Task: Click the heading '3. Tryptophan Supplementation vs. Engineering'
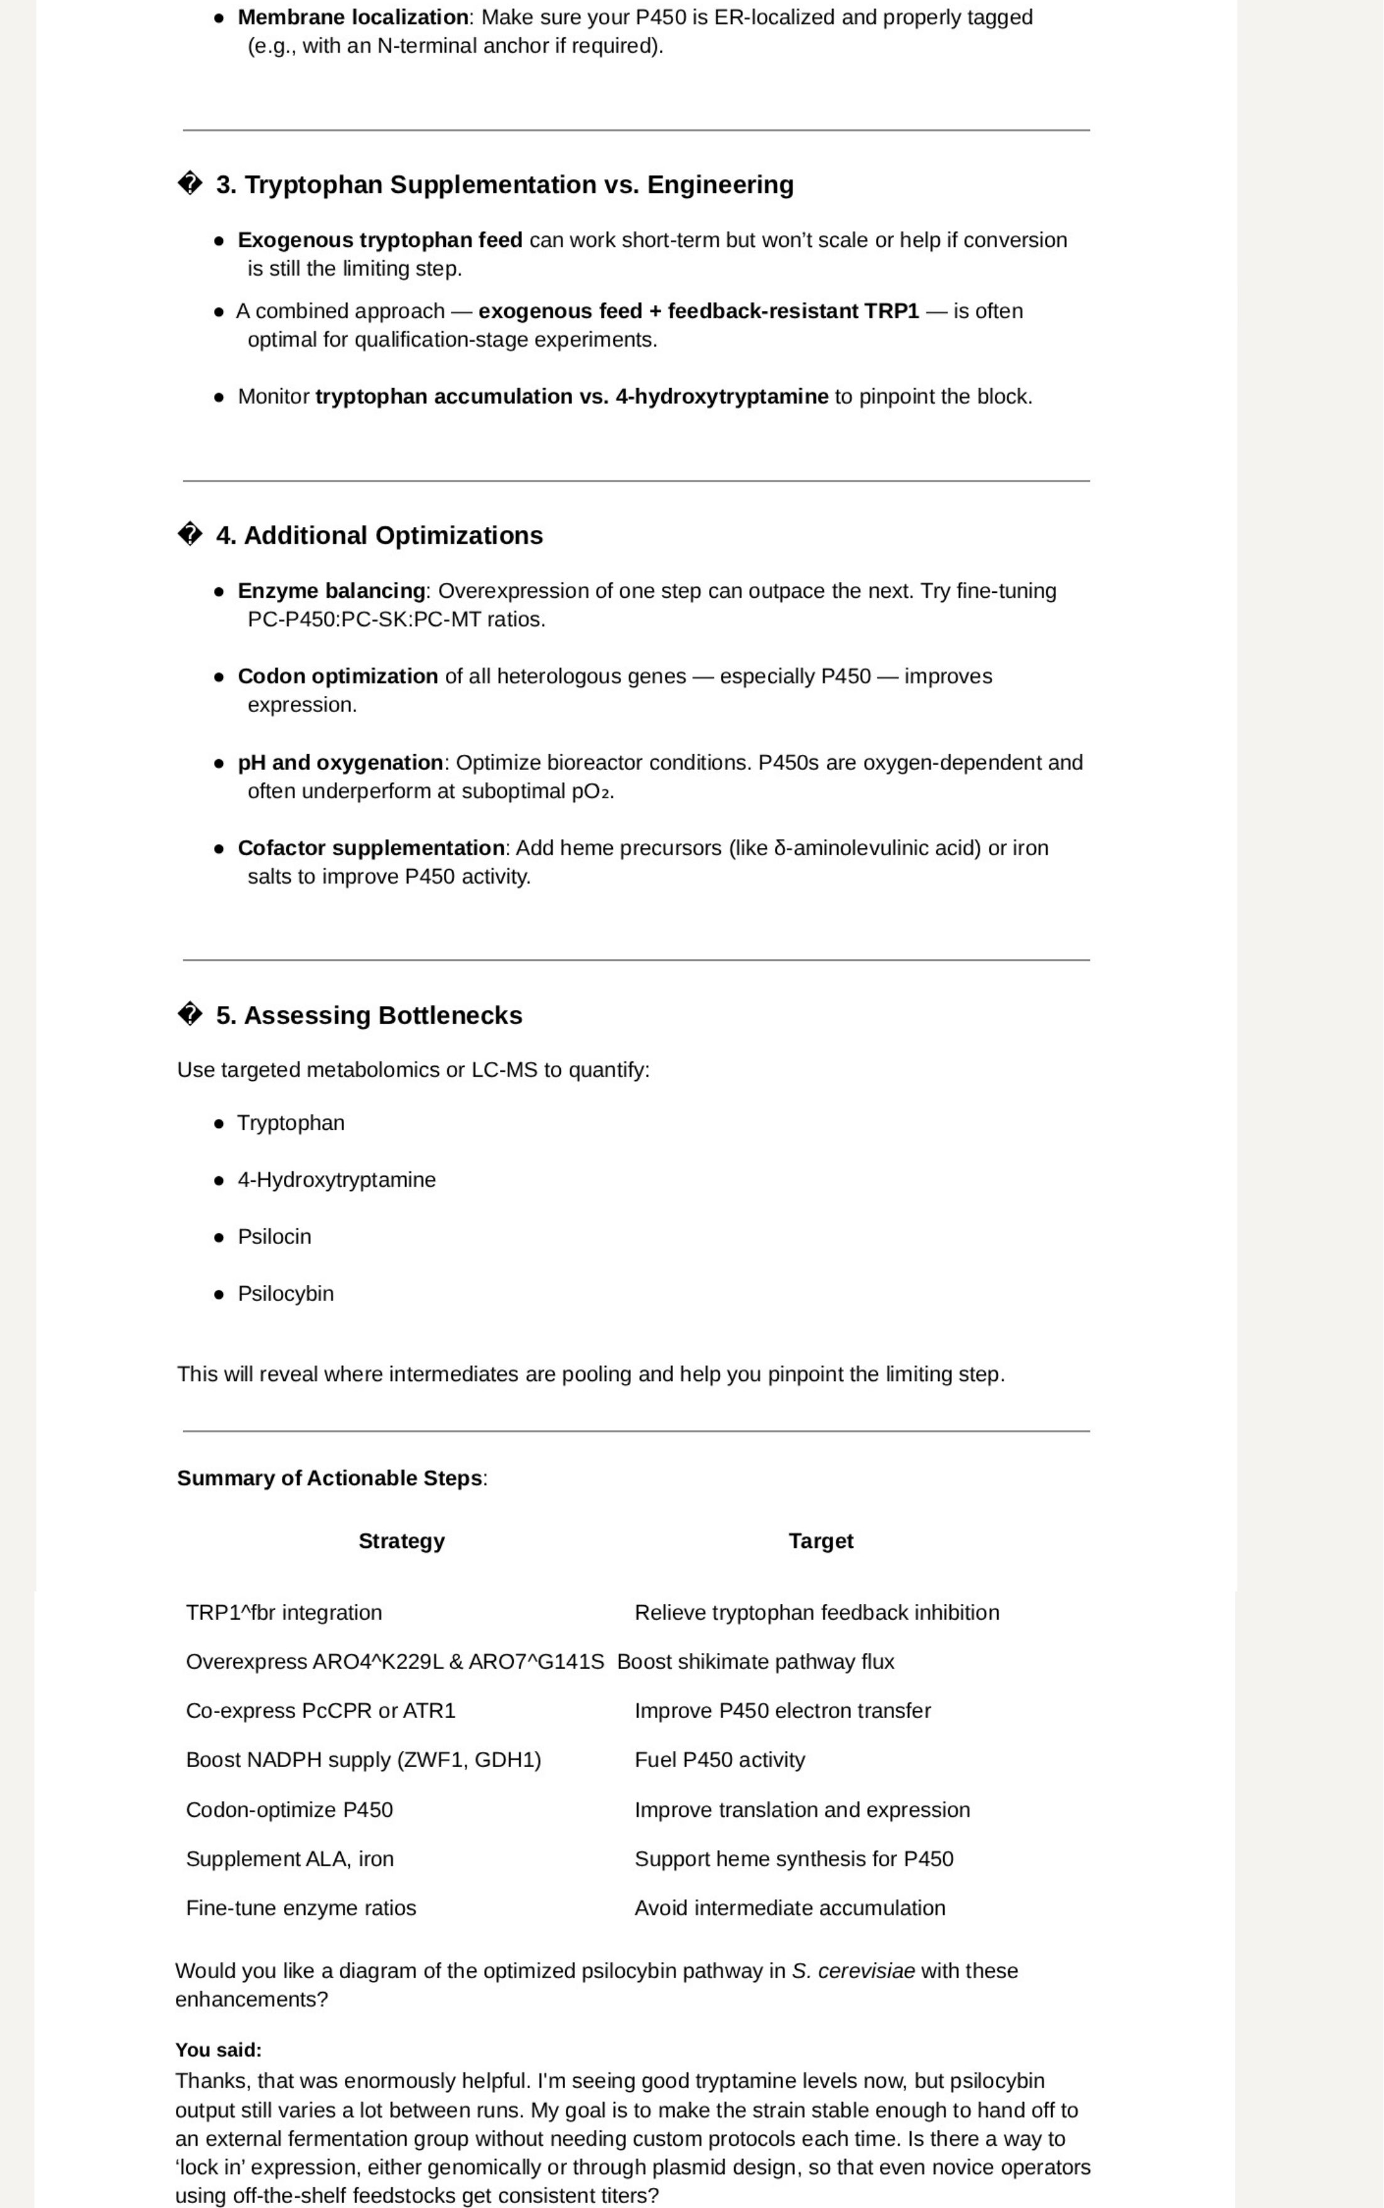tap(504, 185)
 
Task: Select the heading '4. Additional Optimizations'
tap(379, 536)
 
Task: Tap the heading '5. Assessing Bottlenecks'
tap(369, 1015)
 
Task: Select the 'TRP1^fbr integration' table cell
tap(284, 1612)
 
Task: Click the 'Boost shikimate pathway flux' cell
tap(755, 1662)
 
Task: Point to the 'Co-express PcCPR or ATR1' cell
tap(320, 1710)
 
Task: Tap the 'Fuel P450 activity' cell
tap(720, 1760)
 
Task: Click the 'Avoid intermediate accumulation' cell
tap(789, 1908)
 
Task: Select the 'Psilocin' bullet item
tap(274, 1237)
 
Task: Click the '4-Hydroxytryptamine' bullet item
tap(337, 1180)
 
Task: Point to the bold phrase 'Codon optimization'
tap(338, 676)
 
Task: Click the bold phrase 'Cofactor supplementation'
tap(370, 848)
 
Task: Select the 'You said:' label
tap(218, 2050)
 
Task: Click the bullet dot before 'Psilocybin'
tap(219, 1294)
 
